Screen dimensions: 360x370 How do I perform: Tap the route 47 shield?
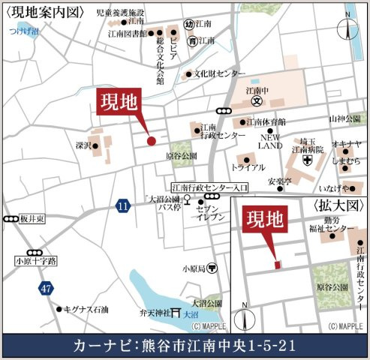(x=47, y=288)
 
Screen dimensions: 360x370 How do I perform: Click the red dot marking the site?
(x=151, y=141)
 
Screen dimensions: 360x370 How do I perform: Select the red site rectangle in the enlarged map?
(x=278, y=264)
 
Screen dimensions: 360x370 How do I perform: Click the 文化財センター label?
(x=219, y=74)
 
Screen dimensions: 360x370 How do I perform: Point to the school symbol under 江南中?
(x=256, y=100)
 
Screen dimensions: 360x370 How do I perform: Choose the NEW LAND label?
(x=270, y=142)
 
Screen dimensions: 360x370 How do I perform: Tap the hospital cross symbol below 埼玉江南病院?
(x=307, y=160)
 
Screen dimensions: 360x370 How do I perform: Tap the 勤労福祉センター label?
(x=328, y=223)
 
